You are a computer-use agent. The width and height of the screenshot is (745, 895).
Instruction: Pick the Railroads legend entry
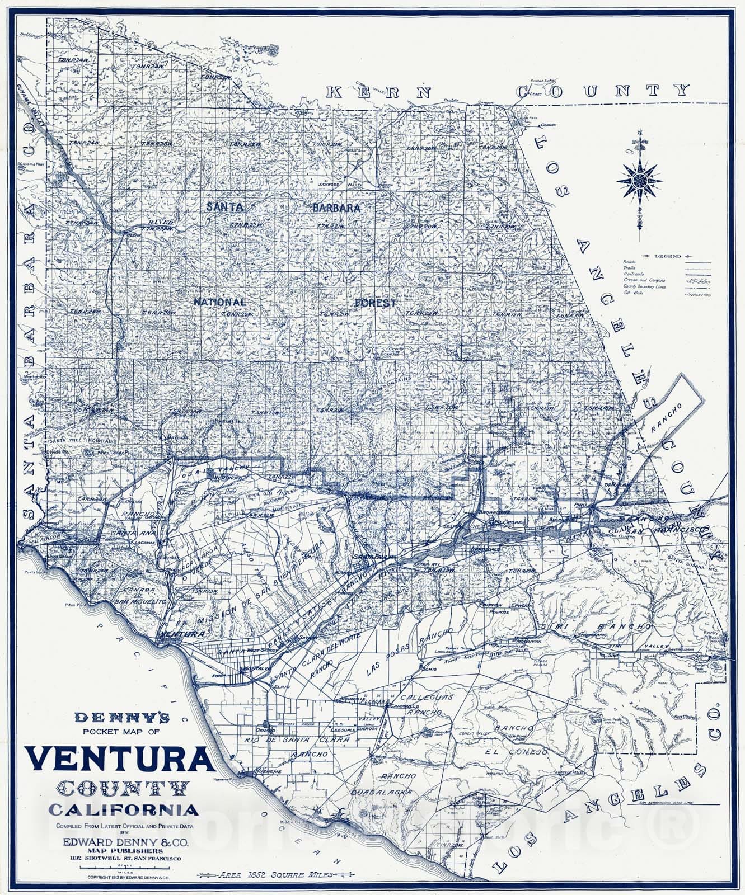point(635,274)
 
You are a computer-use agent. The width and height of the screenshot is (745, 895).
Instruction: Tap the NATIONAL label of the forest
point(219,302)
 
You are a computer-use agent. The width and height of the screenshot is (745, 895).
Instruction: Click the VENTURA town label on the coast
point(181,634)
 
